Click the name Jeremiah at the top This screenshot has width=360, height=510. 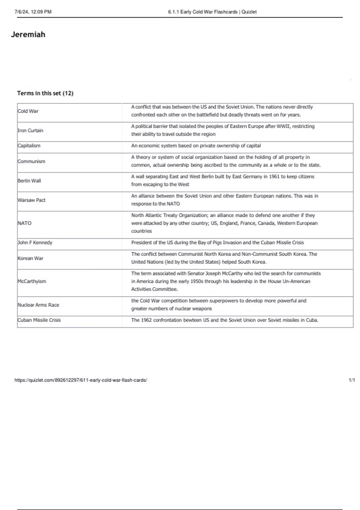(x=28, y=34)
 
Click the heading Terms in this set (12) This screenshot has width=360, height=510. (x=45, y=93)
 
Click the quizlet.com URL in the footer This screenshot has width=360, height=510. (x=81, y=380)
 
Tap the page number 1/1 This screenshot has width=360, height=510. (x=352, y=380)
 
